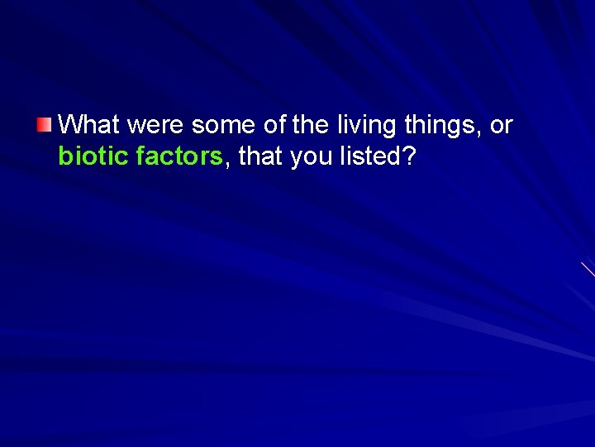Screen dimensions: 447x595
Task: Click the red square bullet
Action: tap(44, 126)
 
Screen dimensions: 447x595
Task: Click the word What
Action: tap(90, 126)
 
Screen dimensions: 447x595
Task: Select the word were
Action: tap(156, 126)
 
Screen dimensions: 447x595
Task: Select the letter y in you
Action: tap(296, 158)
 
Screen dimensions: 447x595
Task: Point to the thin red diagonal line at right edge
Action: tap(588, 269)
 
